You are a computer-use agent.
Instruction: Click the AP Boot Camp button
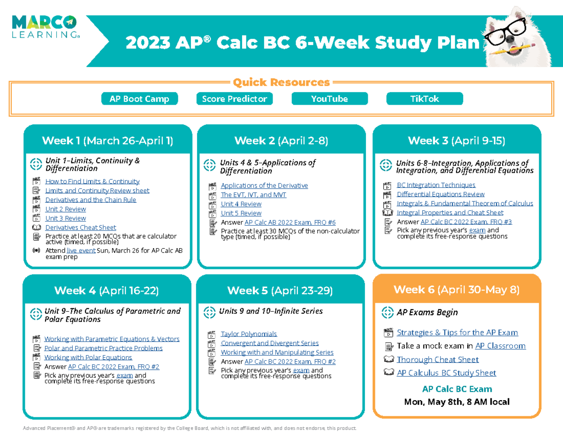click(x=139, y=99)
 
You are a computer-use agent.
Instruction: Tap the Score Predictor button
click(x=234, y=99)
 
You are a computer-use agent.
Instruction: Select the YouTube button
click(x=329, y=99)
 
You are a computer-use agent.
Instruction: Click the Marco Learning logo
click(x=46, y=28)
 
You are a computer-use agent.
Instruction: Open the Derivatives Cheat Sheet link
click(x=81, y=228)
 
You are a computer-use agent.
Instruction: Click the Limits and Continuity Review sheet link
click(x=97, y=191)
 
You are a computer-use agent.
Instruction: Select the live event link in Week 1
click(x=81, y=251)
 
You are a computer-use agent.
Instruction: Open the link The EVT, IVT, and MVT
click(x=253, y=195)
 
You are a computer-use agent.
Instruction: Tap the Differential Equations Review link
click(x=441, y=194)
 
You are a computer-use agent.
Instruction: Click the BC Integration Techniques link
click(x=436, y=185)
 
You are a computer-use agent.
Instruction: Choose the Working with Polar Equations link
click(x=88, y=358)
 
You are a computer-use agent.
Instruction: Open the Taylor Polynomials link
click(x=249, y=334)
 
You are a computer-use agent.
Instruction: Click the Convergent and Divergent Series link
click(x=270, y=343)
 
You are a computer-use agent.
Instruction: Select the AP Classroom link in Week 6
click(x=500, y=346)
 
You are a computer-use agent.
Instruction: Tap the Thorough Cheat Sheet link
click(x=437, y=359)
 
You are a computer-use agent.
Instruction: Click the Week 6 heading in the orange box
click(x=456, y=290)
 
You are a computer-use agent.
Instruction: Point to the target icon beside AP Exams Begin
click(x=388, y=313)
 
